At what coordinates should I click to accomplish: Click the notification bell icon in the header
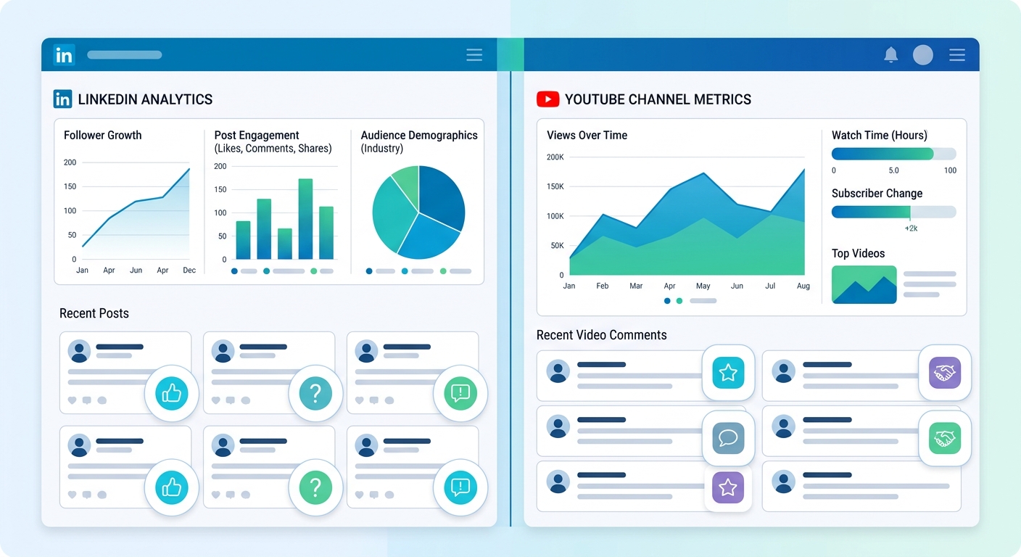(891, 55)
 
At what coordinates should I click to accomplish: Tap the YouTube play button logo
(547, 99)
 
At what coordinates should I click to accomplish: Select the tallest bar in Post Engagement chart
(305, 219)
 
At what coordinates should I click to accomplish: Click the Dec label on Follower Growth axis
(189, 271)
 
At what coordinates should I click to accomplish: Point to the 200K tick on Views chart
(555, 157)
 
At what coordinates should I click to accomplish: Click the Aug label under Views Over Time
(803, 286)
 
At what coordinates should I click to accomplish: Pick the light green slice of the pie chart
(405, 186)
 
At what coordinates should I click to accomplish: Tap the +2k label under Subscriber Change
(911, 228)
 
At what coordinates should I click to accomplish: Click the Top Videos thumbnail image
(864, 284)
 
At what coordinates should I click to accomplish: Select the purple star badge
(728, 487)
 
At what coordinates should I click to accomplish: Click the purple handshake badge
(944, 373)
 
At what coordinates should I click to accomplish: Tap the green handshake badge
(944, 438)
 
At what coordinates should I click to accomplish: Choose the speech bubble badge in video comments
(728, 438)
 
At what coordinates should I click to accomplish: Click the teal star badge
(728, 373)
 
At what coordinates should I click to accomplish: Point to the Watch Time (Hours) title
(879, 136)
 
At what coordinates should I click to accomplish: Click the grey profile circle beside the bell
(922, 55)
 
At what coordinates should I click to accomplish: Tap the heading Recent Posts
(94, 313)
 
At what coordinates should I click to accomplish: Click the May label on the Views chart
(703, 286)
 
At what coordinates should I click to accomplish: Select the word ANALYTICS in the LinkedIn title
(177, 99)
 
